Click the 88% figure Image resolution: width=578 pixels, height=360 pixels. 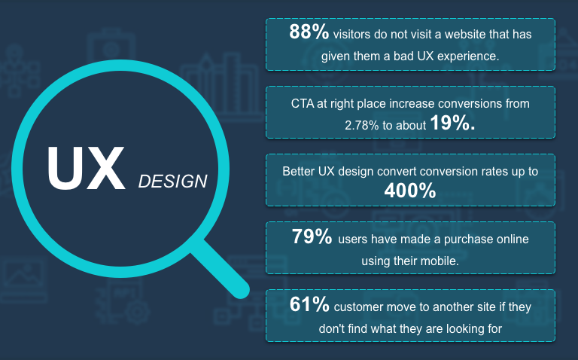(309, 32)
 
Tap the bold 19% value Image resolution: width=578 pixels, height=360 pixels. (452, 123)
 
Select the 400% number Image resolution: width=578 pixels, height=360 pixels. (410, 191)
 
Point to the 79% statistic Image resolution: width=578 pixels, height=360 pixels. (312, 236)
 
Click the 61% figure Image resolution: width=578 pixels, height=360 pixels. (309, 304)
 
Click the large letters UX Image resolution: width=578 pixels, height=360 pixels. (86, 168)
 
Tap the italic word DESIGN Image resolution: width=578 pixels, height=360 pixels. (173, 181)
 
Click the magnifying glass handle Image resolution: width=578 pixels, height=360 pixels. (220, 269)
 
